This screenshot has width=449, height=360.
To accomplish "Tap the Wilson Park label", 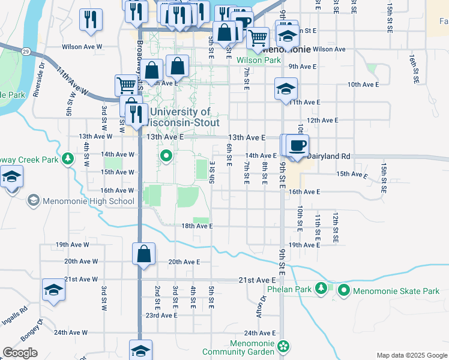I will tap(259, 61).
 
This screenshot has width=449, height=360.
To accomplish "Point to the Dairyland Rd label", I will tap(328, 156).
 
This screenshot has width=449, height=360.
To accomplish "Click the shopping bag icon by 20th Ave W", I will tap(144, 254).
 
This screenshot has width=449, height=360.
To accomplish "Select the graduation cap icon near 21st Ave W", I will tap(53, 290).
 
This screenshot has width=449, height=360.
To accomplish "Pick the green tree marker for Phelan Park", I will tap(322, 289).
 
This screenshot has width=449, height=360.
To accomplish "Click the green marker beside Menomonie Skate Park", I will tap(344, 291).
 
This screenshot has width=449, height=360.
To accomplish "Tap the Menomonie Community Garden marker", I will tap(283, 346).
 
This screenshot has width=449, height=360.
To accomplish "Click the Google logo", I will tap(20, 353).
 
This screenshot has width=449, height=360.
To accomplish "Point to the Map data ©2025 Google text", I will tap(411, 355).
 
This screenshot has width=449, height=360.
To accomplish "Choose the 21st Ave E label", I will tap(256, 280).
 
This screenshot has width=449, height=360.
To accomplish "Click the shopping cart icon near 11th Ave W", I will tap(126, 85).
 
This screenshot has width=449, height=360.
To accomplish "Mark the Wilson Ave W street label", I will tap(83, 46).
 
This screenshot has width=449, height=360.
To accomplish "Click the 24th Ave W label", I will tap(71, 332).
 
